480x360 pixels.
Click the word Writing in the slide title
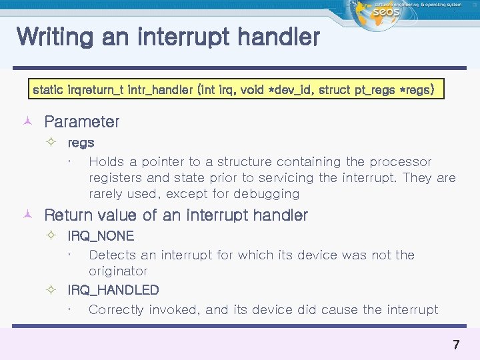click(55, 37)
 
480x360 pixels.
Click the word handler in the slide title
click(282, 37)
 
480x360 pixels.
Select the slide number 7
click(456, 345)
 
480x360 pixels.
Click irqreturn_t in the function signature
click(96, 89)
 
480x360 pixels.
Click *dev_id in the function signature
click(287, 89)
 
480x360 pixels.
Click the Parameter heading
click(81, 122)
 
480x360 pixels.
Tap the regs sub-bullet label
click(81, 143)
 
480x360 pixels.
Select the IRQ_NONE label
click(101, 236)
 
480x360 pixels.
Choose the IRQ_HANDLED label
click(113, 290)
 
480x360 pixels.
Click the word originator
click(118, 271)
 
